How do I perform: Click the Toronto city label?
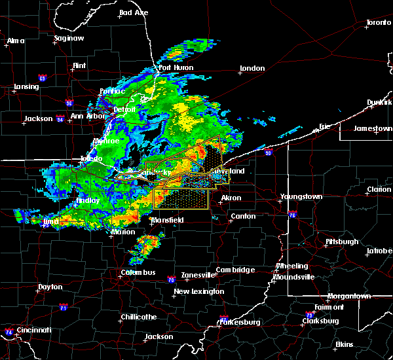[x=378, y=23]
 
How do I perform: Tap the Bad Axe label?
[x=133, y=12]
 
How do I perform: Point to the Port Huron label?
[x=174, y=67]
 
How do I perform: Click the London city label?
[x=252, y=68]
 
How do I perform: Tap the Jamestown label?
[x=372, y=128]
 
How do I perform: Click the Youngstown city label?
[x=301, y=196]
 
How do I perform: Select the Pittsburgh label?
[x=341, y=242]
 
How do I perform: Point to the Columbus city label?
[x=138, y=272]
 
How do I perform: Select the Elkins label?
[x=344, y=344]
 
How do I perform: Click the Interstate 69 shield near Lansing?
[x=42, y=79]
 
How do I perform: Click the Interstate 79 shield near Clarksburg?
[x=310, y=315]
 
